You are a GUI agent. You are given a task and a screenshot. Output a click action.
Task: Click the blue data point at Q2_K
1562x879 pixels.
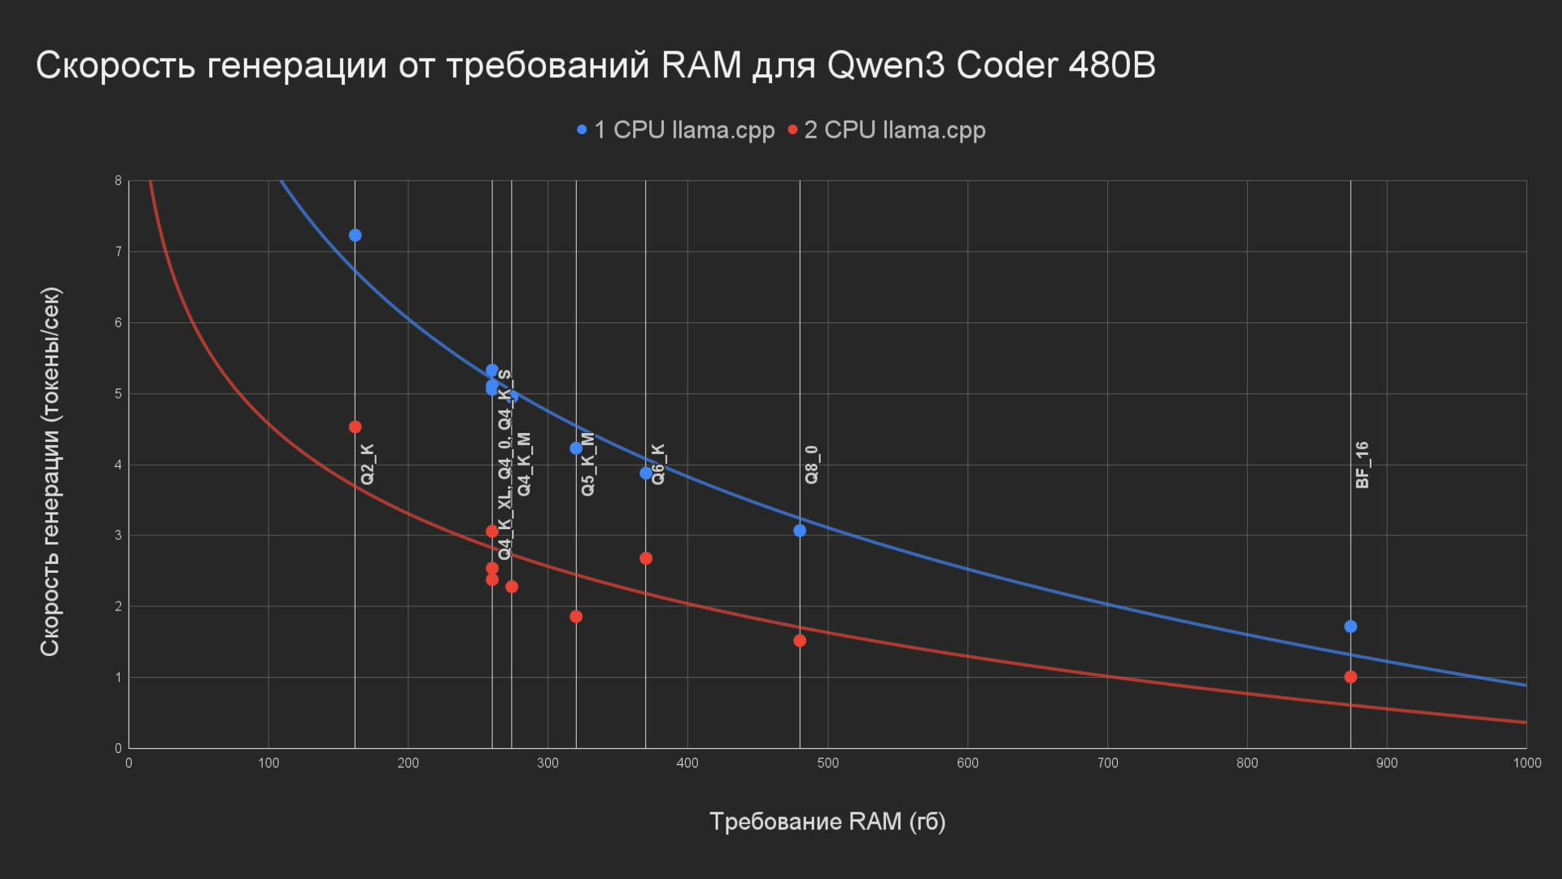click(355, 235)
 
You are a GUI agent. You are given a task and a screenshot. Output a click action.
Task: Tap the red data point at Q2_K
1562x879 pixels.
click(355, 427)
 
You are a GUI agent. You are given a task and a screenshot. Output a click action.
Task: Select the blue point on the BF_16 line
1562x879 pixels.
click(1350, 627)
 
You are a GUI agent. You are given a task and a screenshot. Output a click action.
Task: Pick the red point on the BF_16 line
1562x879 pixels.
click(1350, 677)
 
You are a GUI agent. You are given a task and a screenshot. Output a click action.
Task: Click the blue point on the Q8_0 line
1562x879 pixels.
click(800, 531)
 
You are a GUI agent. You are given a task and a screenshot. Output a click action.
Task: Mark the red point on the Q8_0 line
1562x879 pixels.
click(800, 641)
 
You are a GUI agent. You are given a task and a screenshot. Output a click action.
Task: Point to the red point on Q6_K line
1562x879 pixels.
click(646, 558)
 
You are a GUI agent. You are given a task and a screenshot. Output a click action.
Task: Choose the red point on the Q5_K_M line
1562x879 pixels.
click(576, 617)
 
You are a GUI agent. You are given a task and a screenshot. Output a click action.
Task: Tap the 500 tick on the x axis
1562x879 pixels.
click(827, 763)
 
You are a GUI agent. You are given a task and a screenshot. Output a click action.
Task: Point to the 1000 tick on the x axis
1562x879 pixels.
click(1526, 763)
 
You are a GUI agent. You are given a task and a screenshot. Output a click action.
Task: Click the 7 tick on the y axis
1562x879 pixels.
click(118, 252)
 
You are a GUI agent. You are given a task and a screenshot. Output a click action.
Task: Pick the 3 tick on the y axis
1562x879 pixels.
click(118, 536)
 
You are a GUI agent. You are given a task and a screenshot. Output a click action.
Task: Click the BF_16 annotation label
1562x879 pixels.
click(1363, 465)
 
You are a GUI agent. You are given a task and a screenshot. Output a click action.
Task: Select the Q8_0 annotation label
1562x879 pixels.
click(812, 465)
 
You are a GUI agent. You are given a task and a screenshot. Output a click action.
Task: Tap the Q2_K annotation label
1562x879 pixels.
click(368, 464)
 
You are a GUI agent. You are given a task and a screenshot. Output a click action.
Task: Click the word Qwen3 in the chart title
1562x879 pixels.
click(886, 65)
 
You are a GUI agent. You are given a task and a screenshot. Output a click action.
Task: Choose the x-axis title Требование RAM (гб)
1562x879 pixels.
click(827, 822)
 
